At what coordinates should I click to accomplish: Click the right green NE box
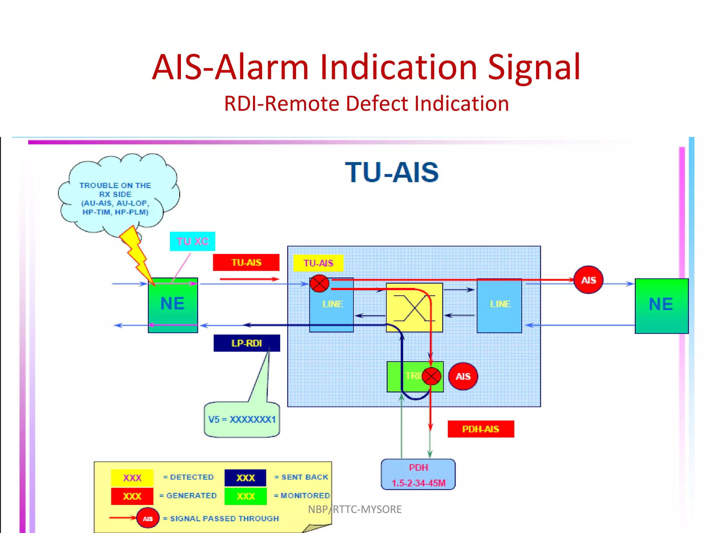tap(661, 305)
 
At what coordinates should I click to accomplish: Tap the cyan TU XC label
tap(192, 241)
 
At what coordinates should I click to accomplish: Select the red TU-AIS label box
tap(246, 262)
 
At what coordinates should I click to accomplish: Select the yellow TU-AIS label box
tap(318, 263)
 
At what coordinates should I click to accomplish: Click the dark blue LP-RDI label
tap(246, 343)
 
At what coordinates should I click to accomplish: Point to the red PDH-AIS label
tap(480, 429)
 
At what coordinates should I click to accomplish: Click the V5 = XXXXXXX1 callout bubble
tap(242, 420)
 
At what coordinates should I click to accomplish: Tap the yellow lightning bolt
tap(136, 253)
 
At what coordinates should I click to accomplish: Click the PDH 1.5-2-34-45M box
tap(418, 475)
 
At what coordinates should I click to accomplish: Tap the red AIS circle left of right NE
tap(588, 280)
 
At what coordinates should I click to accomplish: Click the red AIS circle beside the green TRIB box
tap(463, 377)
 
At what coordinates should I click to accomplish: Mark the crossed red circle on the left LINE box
tap(319, 284)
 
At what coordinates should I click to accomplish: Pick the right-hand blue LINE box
tap(500, 305)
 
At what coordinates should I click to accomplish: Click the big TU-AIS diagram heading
tap(392, 172)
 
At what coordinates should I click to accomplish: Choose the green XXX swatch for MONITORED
tap(245, 496)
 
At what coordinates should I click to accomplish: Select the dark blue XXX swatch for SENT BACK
tap(245, 478)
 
